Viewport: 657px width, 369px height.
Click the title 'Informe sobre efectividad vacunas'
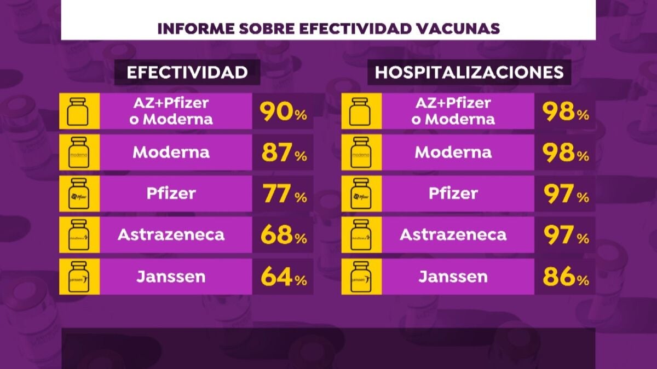tap(328, 28)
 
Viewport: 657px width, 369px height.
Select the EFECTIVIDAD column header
tap(187, 73)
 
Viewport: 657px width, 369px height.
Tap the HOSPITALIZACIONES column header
tap(469, 73)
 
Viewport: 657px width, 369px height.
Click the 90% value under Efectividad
tap(283, 112)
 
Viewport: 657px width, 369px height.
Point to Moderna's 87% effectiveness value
tap(283, 153)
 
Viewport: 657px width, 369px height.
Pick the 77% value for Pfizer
tap(283, 194)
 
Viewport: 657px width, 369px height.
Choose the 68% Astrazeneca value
tap(283, 236)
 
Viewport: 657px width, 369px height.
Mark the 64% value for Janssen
tap(283, 277)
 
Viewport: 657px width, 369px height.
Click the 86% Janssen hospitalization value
tap(565, 277)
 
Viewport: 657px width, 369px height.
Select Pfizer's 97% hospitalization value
tap(565, 194)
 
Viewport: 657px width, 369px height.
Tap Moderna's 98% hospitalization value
tap(565, 153)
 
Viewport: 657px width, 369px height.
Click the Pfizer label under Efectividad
tap(171, 194)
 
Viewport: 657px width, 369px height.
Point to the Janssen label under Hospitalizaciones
tap(453, 277)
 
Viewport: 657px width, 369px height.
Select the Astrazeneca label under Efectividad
tap(171, 235)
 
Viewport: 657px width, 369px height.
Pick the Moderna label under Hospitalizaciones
tap(453, 152)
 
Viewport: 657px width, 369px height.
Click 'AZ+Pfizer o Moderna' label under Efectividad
tap(171, 111)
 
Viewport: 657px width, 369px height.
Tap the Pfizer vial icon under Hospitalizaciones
tap(359, 194)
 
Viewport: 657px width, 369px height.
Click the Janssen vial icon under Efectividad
tap(78, 277)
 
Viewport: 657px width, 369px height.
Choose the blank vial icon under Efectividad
tap(78, 111)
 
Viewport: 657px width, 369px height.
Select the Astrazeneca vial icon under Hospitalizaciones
tap(359, 235)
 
